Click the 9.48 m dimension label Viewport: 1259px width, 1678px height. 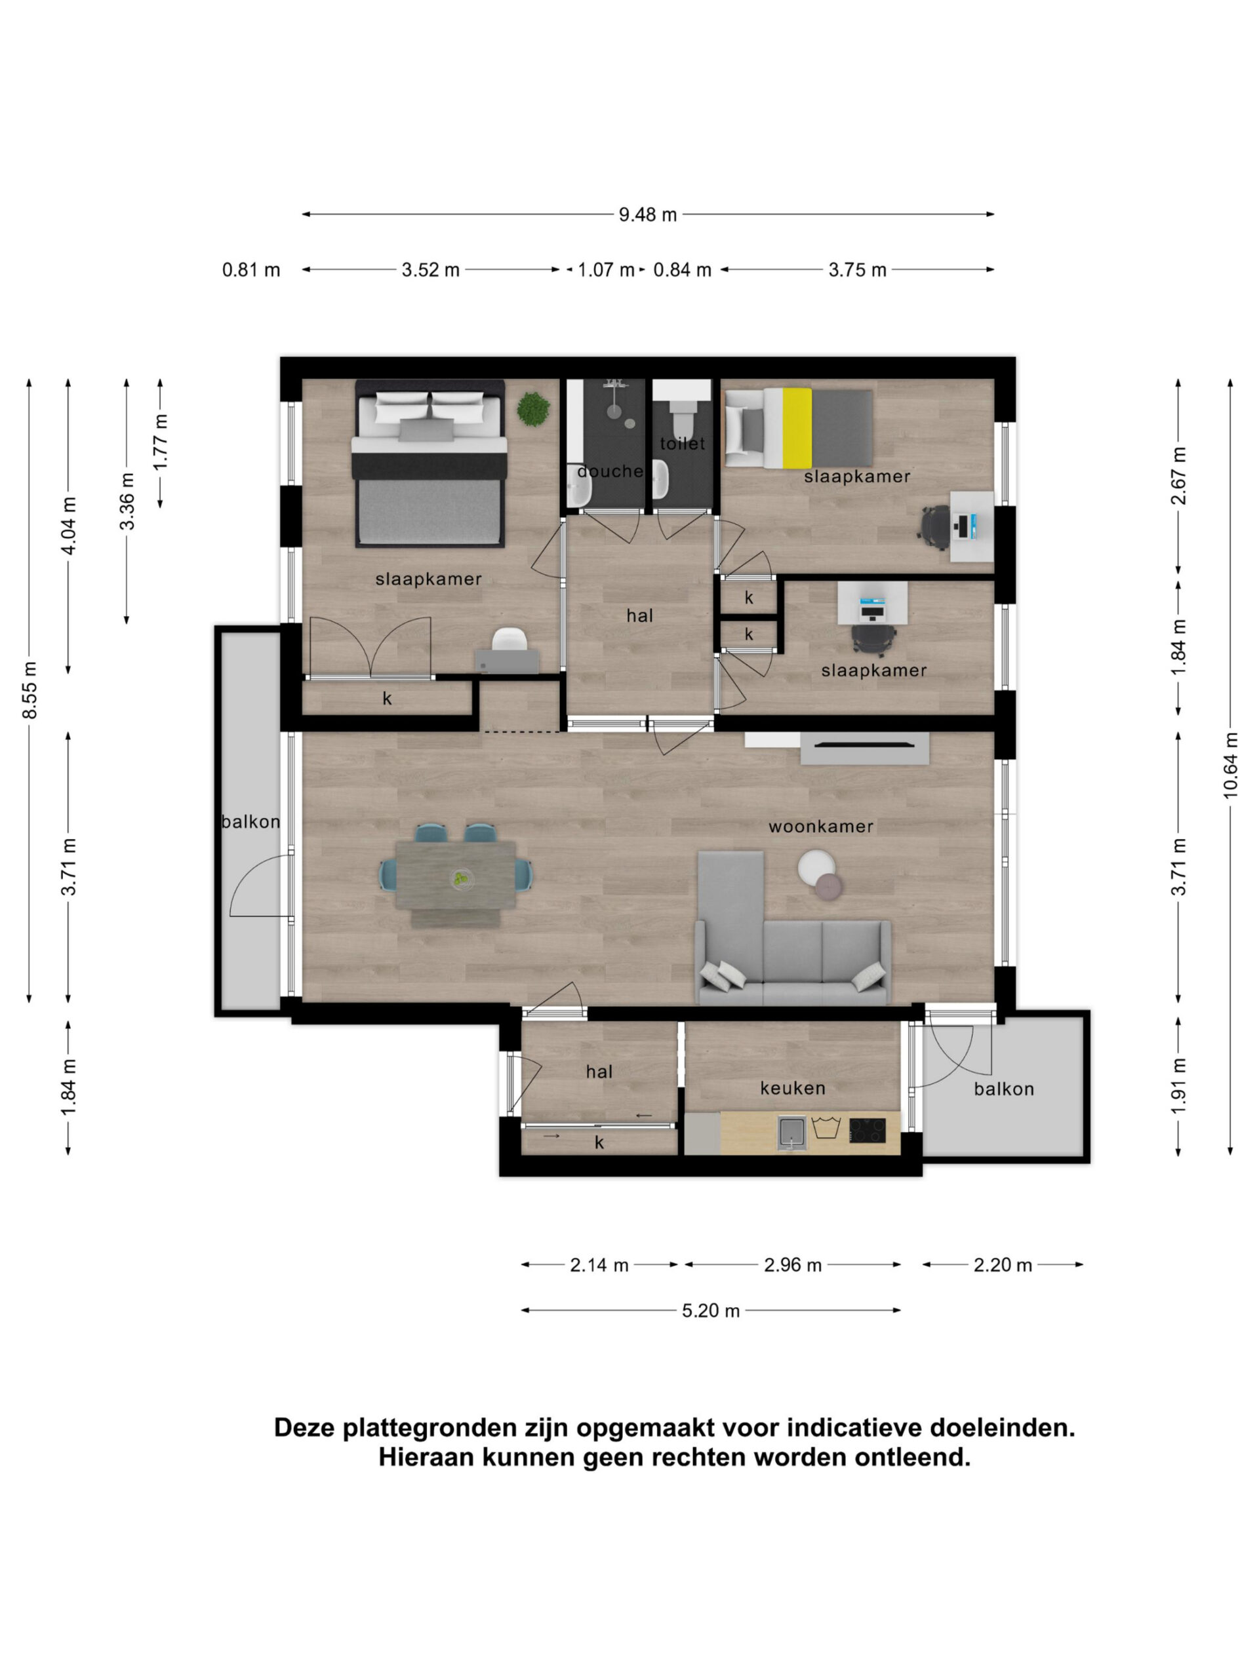(x=647, y=215)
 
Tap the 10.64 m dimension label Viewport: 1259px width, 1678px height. (x=1230, y=765)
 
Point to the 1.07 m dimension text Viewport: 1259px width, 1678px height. (x=606, y=270)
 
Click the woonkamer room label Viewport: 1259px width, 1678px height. (x=820, y=826)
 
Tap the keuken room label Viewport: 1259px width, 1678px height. (x=792, y=1088)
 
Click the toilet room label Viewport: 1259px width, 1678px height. (x=682, y=443)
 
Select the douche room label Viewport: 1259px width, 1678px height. (x=610, y=471)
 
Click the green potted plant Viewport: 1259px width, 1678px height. (x=534, y=409)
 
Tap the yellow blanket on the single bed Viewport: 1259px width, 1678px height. (x=797, y=428)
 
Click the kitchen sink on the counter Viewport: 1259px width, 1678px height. (x=791, y=1132)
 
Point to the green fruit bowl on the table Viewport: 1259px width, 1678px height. (x=460, y=879)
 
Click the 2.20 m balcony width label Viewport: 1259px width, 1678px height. (x=1003, y=1265)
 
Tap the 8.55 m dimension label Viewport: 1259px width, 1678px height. (x=30, y=690)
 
